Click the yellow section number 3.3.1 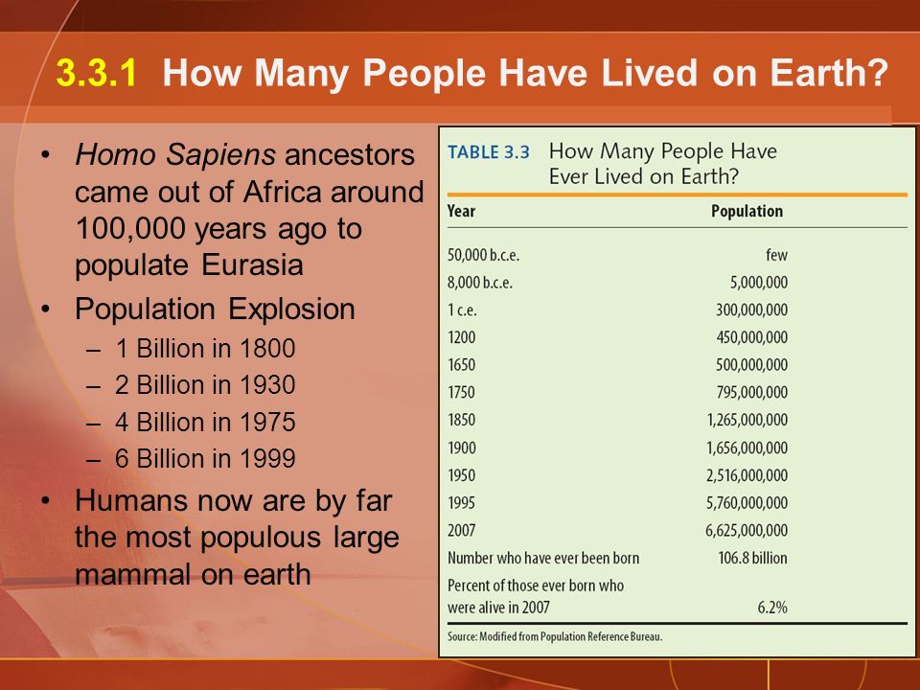[96, 73]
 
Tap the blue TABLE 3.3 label [489, 152]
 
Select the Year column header [461, 211]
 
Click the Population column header [747, 211]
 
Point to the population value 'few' [776, 255]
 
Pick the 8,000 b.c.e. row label [480, 283]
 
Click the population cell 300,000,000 [751, 310]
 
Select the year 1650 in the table [461, 365]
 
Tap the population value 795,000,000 [751, 393]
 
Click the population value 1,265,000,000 [747, 420]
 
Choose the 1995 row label [461, 503]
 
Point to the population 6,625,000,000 [747, 530]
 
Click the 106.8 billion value [753, 558]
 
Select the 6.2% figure [772, 607]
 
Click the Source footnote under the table [555, 636]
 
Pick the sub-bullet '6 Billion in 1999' [205, 458]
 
